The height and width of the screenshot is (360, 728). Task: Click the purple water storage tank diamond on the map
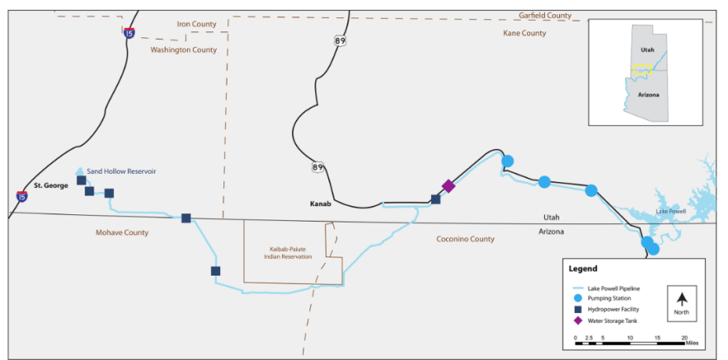coord(448,186)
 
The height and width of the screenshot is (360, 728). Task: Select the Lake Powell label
coord(672,211)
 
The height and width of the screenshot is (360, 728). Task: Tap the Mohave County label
coord(122,233)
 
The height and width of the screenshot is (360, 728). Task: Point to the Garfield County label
coord(545,15)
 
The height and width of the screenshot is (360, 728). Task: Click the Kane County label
coord(524,33)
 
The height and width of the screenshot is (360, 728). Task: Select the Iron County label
coord(196,24)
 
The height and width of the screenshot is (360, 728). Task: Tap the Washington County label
coord(184,50)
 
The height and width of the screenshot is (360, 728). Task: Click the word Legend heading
coord(582,269)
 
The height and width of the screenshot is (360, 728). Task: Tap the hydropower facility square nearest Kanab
coord(436,199)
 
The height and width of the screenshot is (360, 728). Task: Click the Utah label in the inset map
coord(648,50)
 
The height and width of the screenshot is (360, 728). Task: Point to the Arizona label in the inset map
coord(648,95)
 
